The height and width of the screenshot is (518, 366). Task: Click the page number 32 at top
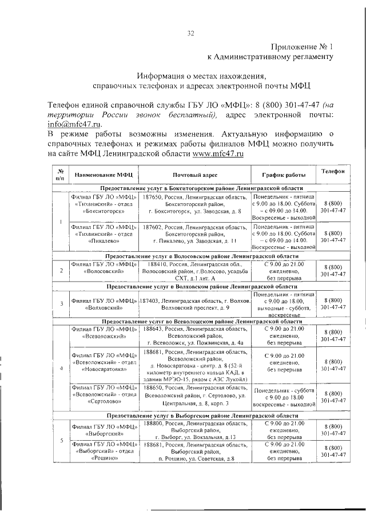tap(191, 33)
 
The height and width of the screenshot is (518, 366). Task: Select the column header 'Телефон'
tap(332, 172)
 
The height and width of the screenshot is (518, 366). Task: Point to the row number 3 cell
tap(61, 303)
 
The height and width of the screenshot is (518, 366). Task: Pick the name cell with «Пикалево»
tap(104, 234)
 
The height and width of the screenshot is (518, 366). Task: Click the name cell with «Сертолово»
tap(104, 396)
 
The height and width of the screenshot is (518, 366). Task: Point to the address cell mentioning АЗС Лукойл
tap(194, 363)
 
